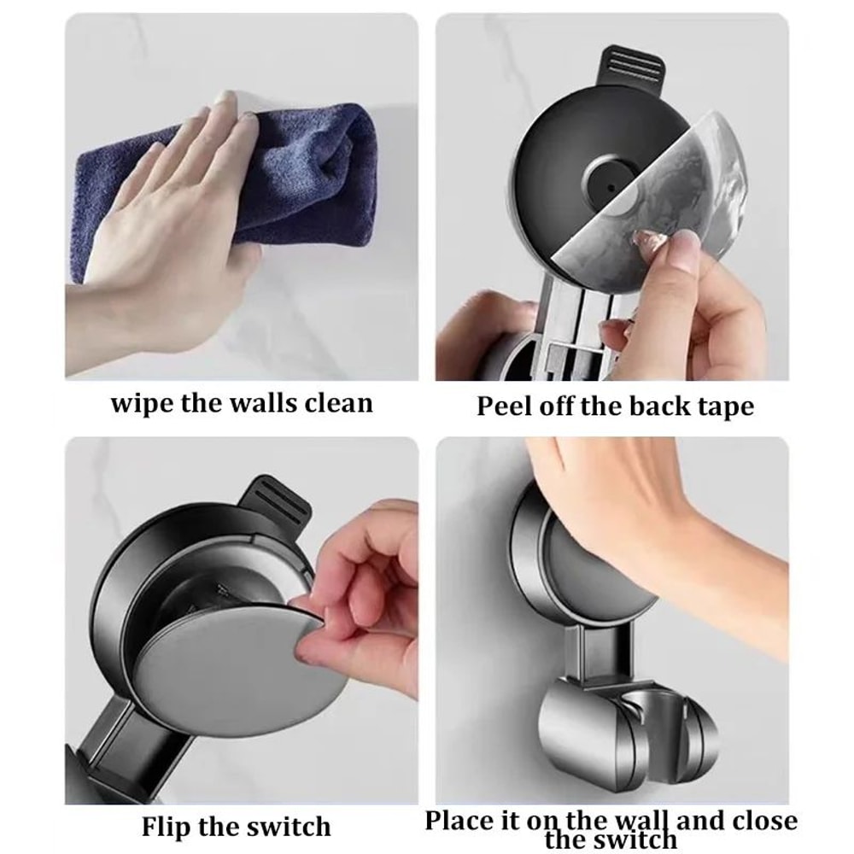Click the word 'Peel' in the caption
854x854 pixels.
pyautogui.click(x=502, y=406)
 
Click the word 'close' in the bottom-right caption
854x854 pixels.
pyautogui.click(x=756, y=822)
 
